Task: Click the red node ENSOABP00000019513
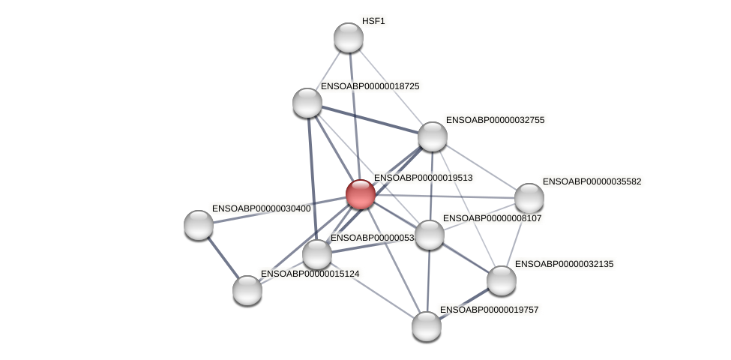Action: click(361, 194)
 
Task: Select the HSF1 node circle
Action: click(349, 37)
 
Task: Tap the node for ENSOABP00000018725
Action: click(307, 103)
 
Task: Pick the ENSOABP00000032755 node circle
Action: click(433, 136)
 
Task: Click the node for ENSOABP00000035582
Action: click(529, 198)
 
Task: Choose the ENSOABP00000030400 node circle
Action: click(199, 225)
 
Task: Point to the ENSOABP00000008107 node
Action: click(430, 235)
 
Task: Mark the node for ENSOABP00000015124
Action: click(247, 290)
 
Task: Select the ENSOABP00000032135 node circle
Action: click(502, 280)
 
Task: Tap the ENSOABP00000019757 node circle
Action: click(427, 326)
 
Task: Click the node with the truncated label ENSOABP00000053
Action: click(317, 254)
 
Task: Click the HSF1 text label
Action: click(373, 21)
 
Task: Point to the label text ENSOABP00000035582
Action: click(592, 181)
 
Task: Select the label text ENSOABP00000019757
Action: click(489, 310)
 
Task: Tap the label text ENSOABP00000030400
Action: click(261, 208)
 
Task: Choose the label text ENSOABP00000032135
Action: click(564, 264)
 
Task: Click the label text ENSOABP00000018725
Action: click(370, 86)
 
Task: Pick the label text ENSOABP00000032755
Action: click(495, 120)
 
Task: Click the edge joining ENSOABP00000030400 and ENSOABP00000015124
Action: click(223, 257)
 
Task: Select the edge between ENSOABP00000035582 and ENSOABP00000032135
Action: click(516, 238)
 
